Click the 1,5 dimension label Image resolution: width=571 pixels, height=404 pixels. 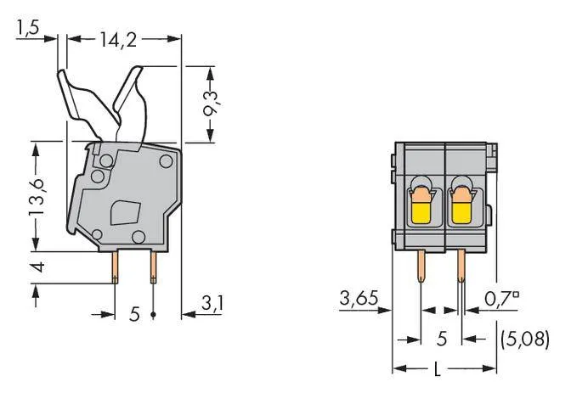pos(27,28)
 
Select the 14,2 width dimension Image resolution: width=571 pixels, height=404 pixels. pos(119,38)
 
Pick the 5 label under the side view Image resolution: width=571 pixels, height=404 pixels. pos(133,315)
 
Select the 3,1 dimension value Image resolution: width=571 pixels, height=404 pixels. pos(212,303)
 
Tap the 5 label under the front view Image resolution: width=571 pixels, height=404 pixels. pos(441,339)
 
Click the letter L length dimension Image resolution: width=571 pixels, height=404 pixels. pos(436,369)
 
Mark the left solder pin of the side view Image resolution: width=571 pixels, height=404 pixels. pos(115,269)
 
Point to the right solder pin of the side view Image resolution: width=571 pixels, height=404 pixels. pos(153,269)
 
